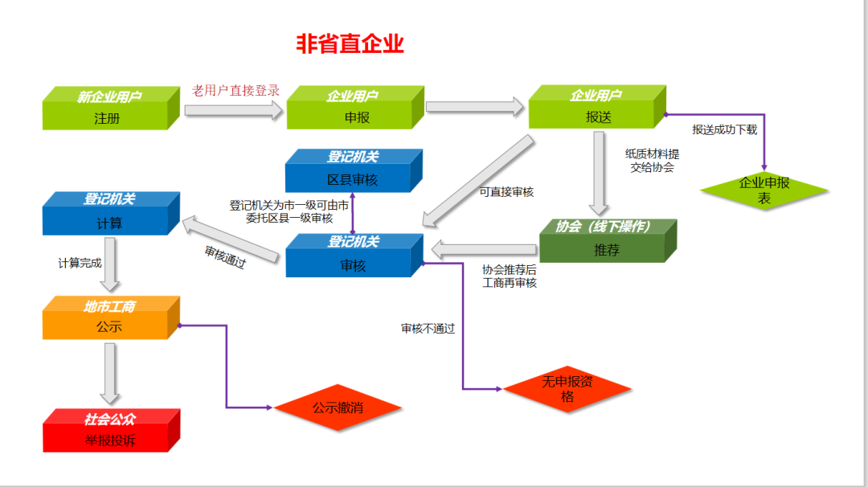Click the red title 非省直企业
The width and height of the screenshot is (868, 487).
coord(350,43)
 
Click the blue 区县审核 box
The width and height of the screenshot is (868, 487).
coord(352,172)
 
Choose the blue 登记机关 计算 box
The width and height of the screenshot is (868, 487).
coord(108,215)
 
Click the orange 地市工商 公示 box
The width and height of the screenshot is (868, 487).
coord(108,319)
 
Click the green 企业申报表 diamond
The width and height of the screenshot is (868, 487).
coord(764,190)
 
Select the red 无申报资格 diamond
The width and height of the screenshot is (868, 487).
coord(567,390)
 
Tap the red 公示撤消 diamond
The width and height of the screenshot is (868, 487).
coord(338,407)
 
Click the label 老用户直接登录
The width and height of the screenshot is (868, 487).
coord(235,90)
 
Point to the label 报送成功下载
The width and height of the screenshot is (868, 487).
coord(724,129)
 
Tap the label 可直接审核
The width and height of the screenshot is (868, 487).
coord(506,192)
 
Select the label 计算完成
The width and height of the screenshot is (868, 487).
coord(80,263)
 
